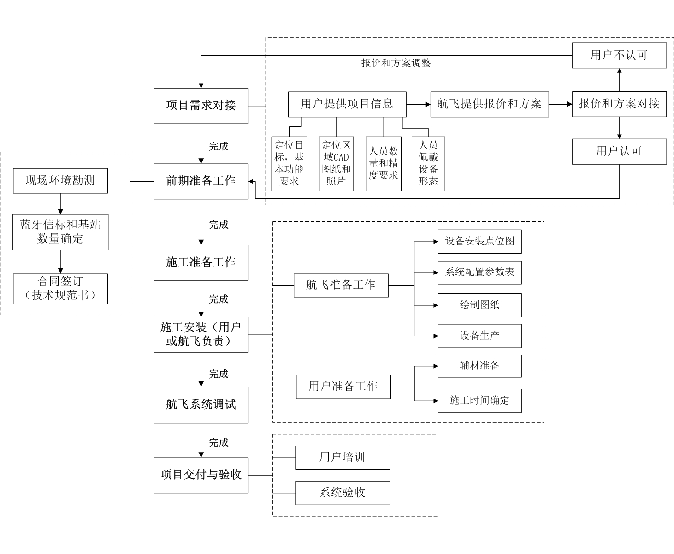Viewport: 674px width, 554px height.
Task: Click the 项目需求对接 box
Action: click(201, 106)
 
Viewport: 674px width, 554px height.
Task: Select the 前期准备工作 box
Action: click(201, 181)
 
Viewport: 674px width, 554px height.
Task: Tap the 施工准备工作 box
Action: click(201, 263)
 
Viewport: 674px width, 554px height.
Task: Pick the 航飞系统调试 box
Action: click(201, 405)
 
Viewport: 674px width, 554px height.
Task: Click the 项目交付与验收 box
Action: click(201, 475)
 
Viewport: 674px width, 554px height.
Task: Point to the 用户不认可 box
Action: click(619, 55)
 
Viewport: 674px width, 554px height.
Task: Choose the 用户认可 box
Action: click(619, 151)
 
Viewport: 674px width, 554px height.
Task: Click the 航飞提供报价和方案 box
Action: click(489, 104)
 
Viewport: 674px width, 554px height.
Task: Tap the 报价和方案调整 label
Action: click(396, 63)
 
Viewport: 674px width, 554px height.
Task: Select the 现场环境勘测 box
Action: click(60, 181)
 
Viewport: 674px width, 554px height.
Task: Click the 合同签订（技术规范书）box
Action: click(60, 289)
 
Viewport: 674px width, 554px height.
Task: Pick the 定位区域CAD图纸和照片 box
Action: click(336, 163)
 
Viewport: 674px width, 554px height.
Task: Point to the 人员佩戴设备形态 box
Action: click(428, 163)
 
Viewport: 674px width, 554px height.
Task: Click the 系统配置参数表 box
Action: click(479, 272)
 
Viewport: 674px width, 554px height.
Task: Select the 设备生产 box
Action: click(479, 336)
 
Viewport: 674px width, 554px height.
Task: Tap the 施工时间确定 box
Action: click(479, 400)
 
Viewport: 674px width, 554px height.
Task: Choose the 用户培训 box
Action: click(343, 458)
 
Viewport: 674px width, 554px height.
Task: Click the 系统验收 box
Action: click(343, 493)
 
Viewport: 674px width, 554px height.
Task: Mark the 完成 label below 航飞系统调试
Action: click(219, 442)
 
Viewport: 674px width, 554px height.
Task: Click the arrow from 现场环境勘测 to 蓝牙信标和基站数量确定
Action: click(60, 204)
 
